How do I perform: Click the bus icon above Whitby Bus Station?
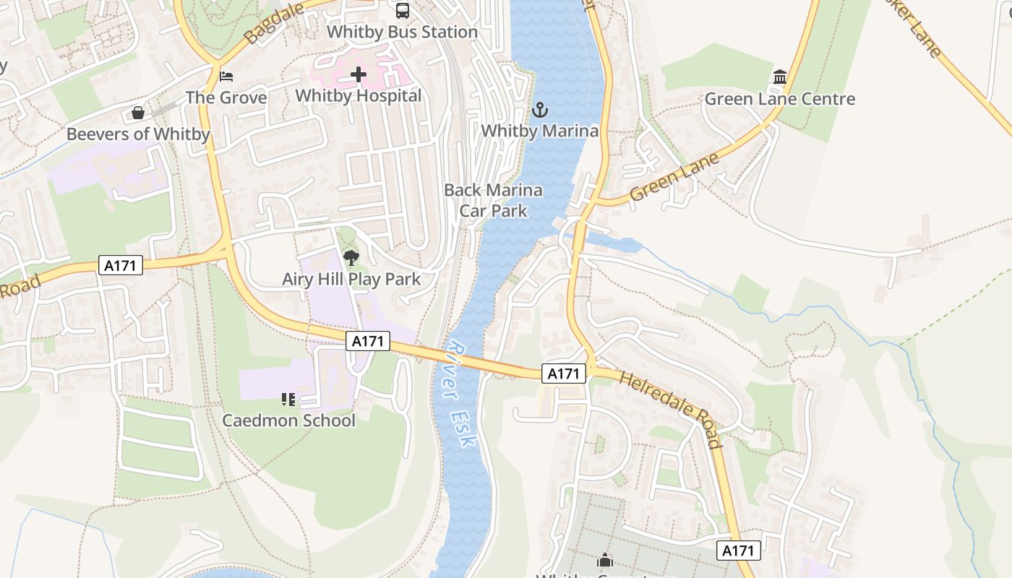(403, 11)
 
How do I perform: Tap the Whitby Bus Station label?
(403, 33)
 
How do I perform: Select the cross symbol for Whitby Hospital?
(359, 74)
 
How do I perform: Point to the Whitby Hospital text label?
(359, 96)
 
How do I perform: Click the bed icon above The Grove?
(226, 76)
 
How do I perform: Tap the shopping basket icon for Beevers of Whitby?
(138, 113)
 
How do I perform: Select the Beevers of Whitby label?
(138, 134)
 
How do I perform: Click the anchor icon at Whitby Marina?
(539, 110)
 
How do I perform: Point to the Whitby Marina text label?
(539, 131)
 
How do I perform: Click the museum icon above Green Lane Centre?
(780, 77)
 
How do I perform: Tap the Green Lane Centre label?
(780, 99)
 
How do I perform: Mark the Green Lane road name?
(674, 178)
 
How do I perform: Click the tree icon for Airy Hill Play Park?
(351, 257)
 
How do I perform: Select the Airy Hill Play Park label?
(351, 280)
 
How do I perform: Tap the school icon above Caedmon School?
(288, 399)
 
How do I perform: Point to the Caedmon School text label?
(288, 420)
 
